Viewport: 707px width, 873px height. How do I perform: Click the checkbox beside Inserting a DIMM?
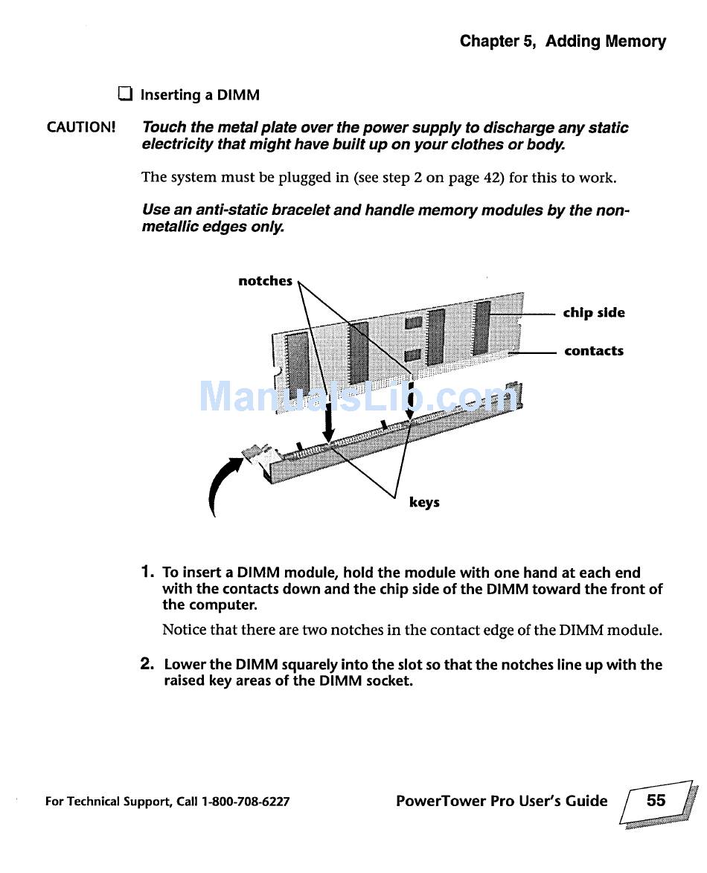click(x=124, y=94)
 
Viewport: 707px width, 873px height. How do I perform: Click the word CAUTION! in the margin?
click(x=81, y=126)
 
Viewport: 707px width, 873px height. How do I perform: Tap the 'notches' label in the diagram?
click(x=265, y=280)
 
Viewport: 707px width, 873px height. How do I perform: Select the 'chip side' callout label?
click(x=594, y=312)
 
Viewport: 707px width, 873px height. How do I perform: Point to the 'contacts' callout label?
click(x=594, y=351)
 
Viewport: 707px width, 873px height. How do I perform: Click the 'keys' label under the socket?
click(x=424, y=502)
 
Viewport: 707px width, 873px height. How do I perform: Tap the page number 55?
click(x=656, y=800)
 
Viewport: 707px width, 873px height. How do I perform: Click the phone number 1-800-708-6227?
click(x=246, y=802)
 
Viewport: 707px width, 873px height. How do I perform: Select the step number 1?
click(x=147, y=572)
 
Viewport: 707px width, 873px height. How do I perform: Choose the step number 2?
click(x=147, y=664)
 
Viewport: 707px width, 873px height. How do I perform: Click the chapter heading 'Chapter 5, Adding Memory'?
click(x=563, y=42)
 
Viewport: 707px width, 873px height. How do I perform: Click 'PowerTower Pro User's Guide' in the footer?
click(x=502, y=801)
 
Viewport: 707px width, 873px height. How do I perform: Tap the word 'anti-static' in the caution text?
click(x=213, y=210)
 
